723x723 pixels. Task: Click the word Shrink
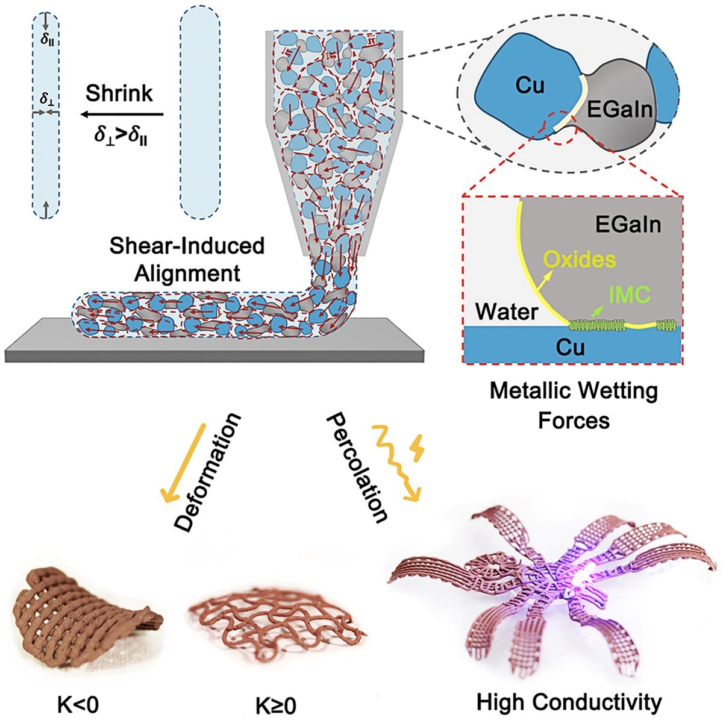(x=119, y=94)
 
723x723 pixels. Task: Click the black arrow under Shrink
(x=123, y=114)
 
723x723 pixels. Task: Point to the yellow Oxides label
(x=580, y=260)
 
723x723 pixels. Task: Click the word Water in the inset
(x=507, y=311)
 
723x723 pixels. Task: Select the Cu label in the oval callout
(x=530, y=87)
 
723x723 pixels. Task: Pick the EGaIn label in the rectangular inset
(x=628, y=225)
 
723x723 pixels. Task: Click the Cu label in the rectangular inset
(x=571, y=348)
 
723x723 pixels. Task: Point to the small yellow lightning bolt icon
(x=418, y=447)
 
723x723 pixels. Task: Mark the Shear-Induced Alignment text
(x=187, y=260)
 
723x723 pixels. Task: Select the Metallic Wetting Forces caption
(x=574, y=405)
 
